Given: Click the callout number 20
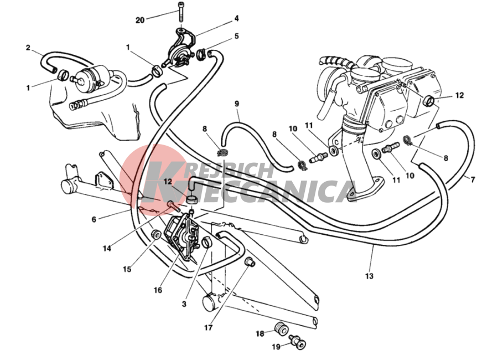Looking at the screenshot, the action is pyautogui.click(x=140, y=20).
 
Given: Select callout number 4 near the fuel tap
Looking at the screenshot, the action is pyautogui.click(x=236, y=19).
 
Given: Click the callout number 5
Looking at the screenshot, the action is pyautogui.click(x=236, y=36).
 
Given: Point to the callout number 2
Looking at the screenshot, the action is pyautogui.click(x=28, y=48).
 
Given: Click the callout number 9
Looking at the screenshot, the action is pyautogui.click(x=237, y=104).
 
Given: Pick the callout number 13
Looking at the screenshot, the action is pyautogui.click(x=369, y=276).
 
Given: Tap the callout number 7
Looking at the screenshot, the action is pyautogui.click(x=473, y=180).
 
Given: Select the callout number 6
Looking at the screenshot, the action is pyautogui.click(x=94, y=219).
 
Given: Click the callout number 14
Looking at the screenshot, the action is pyautogui.click(x=107, y=249).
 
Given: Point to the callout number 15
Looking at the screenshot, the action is pyautogui.click(x=127, y=269).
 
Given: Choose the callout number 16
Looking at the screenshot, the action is pyautogui.click(x=158, y=290).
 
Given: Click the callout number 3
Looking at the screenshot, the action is pyautogui.click(x=184, y=304).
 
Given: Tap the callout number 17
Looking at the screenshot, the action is pyautogui.click(x=209, y=328).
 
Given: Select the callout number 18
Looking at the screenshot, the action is pyautogui.click(x=260, y=334).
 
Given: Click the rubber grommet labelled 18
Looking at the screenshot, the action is pyautogui.click(x=281, y=329).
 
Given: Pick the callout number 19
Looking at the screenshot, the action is pyautogui.click(x=276, y=347).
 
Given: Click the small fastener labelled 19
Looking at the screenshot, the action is pyautogui.click(x=298, y=342).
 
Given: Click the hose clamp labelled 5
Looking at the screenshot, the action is pyautogui.click(x=200, y=54).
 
